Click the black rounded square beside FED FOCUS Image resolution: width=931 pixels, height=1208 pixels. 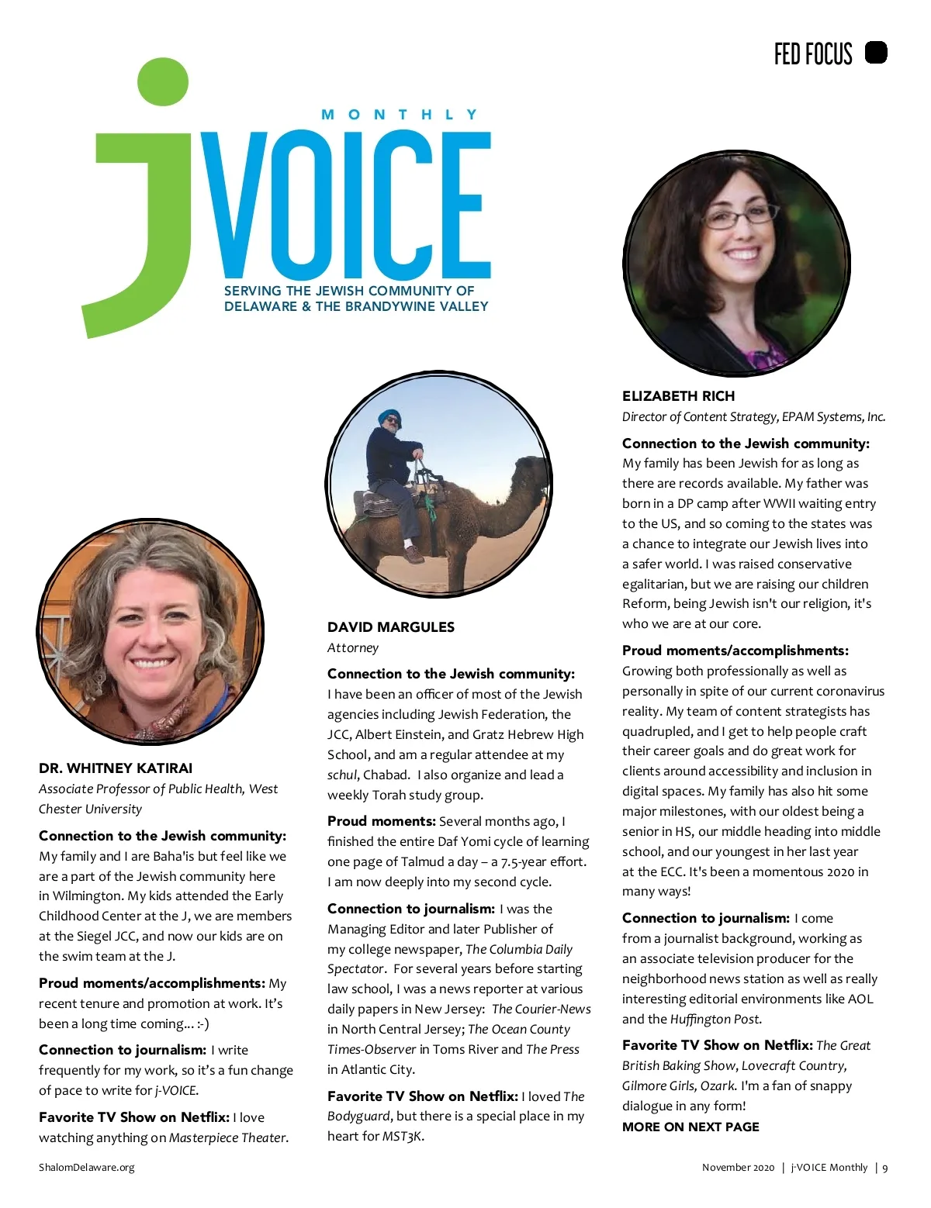[x=876, y=53]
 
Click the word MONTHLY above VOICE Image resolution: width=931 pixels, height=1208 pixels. [x=400, y=115]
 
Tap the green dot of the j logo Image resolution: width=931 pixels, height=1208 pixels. [x=163, y=81]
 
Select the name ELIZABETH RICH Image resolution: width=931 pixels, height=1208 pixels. [x=678, y=396]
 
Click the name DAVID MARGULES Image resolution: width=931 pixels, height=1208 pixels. [x=391, y=627]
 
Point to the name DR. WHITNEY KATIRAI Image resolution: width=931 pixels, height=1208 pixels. [x=116, y=768]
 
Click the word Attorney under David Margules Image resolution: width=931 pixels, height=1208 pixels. [x=353, y=648]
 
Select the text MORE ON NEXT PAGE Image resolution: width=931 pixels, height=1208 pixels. [x=690, y=1127]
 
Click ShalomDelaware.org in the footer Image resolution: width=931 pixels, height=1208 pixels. [x=86, y=1168]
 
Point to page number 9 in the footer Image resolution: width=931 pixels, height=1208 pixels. [x=885, y=1168]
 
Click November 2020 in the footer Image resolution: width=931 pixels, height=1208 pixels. [x=738, y=1168]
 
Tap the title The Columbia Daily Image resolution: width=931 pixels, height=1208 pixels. [x=519, y=949]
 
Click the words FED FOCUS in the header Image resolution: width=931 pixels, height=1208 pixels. [x=813, y=53]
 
